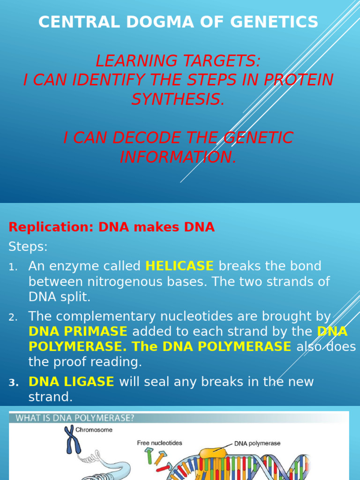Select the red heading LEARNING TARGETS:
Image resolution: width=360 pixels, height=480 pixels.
pyautogui.click(x=178, y=60)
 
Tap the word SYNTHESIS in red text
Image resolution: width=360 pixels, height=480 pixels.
pyautogui.click(x=178, y=99)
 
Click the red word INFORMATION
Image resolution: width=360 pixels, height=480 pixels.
pyautogui.click(x=178, y=157)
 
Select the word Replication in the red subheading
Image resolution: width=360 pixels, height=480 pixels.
pyautogui.click(x=51, y=227)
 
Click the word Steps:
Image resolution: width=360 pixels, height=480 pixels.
pyautogui.click(x=28, y=247)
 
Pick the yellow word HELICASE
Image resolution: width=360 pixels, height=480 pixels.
pyautogui.click(x=180, y=266)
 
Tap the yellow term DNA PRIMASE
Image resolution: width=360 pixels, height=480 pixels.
pyautogui.click(x=78, y=332)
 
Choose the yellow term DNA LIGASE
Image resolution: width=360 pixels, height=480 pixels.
pyautogui.click(x=71, y=382)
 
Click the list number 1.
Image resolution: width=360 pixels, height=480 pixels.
pyautogui.click(x=13, y=267)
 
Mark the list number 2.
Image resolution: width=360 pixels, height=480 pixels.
pyautogui.click(x=13, y=318)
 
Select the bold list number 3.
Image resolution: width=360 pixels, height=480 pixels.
pyautogui.click(x=13, y=382)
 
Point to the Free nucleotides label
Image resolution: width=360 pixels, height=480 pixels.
pyautogui.click(x=159, y=442)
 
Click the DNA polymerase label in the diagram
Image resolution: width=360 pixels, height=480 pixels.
pyautogui.click(x=257, y=443)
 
